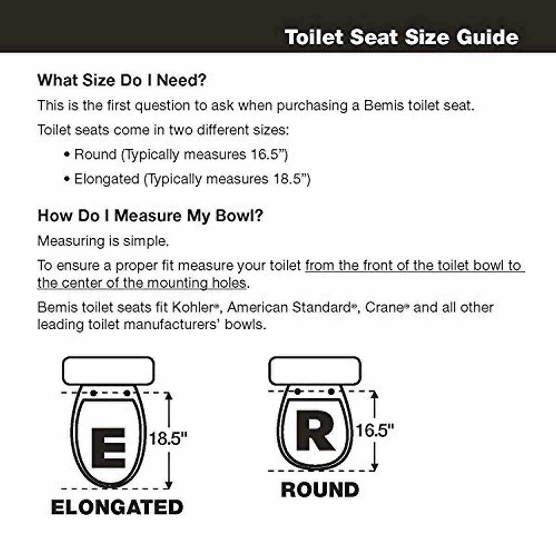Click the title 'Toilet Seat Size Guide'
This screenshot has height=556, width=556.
point(401,37)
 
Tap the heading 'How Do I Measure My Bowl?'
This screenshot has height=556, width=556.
point(150,215)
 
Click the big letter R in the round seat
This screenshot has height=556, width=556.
point(315,430)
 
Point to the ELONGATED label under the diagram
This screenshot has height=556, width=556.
point(117,507)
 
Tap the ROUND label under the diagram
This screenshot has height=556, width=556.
point(320,490)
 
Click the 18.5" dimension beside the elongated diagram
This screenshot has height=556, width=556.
point(168,439)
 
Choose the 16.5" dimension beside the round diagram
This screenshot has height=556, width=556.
point(374,430)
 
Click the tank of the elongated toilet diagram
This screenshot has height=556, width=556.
point(108,371)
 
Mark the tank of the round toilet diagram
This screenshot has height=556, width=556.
point(315,371)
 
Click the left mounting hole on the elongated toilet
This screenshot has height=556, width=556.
point(93,393)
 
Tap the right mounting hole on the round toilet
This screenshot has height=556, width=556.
point(332,392)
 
